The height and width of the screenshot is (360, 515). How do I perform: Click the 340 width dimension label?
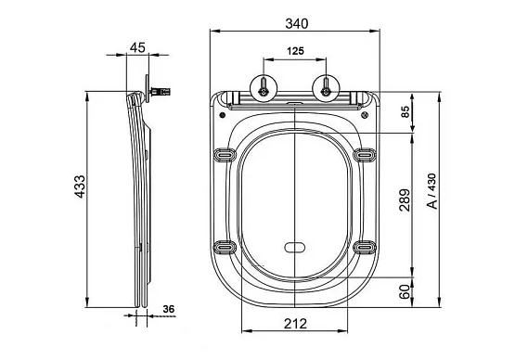297,23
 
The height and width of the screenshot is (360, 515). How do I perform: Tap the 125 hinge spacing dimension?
295,51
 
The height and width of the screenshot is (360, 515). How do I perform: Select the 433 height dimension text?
80,186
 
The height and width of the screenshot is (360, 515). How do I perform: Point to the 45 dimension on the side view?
137,47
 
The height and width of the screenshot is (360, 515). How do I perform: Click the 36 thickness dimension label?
169,309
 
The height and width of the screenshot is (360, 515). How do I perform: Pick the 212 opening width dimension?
295,324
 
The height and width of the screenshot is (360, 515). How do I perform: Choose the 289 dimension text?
405,199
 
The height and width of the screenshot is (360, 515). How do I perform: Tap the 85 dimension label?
406,111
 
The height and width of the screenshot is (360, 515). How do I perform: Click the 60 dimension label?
405,291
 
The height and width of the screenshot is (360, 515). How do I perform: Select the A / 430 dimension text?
432,191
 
